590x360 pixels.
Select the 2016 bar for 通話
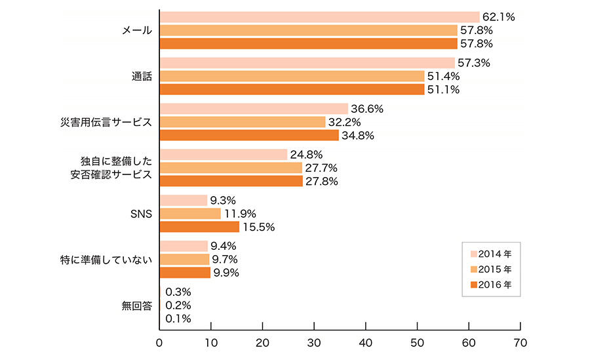click(292, 89)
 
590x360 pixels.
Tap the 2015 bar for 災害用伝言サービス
click(243, 122)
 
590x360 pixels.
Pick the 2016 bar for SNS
click(199, 227)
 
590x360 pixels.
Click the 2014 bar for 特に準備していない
click(184, 246)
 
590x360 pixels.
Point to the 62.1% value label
click(498, 17)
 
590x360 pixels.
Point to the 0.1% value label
click(178, 319)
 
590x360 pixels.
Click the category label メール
click(136, 30)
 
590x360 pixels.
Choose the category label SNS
click(142, 214)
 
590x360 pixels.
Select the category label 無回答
click(136, 306)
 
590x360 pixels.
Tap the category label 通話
click(142, 76)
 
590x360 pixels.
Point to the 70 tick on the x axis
click(520, 343)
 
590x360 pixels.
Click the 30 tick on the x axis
click(314, 343)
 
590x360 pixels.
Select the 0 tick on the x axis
click(159, 343)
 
